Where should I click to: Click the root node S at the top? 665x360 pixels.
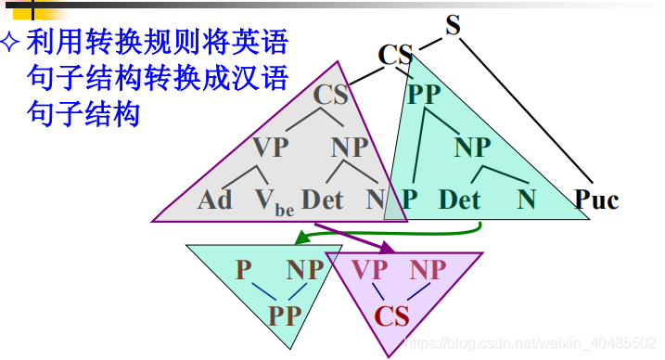453,24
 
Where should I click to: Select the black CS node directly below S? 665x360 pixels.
395,55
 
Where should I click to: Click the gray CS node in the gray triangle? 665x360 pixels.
330,95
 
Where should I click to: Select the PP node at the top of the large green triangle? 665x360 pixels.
424,95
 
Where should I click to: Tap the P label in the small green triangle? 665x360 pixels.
243,270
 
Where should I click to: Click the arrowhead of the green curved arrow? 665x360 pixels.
301,240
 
